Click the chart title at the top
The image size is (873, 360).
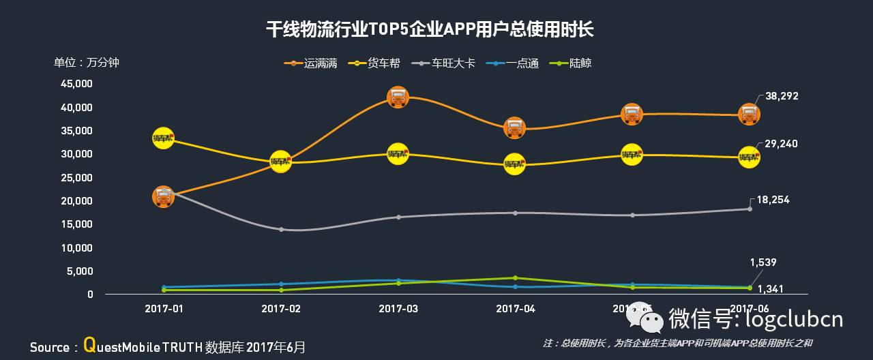click(x=430, y=30)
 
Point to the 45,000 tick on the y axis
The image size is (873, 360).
click(x=76, y=84)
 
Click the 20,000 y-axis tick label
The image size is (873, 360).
click(x=76, y=201)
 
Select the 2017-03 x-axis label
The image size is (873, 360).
click(x=398, y=309)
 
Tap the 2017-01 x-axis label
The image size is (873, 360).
click(x=164, y=309)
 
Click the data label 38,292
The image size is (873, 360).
click(x=782, y=97)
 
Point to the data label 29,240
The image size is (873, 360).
click(x=782, y=144)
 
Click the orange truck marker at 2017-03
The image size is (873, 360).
click(x=398, y=97)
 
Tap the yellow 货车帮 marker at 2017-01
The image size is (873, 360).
click(x=163, y=138)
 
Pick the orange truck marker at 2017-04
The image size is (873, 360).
click(x=515, y=127)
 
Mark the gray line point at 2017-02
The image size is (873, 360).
click(x=281, y=229)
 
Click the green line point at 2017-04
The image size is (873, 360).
click(x=515, y=277)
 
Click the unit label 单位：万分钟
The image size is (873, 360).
click(x=87, y=63)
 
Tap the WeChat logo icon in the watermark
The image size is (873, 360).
click(x=645, y=318)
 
